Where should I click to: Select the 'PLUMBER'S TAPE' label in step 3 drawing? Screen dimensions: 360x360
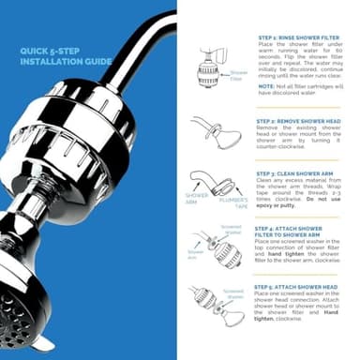[x=233, y=199]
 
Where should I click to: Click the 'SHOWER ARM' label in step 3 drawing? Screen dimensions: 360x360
[x=197, y=199]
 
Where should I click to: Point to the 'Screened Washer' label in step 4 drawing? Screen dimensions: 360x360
[x=230, y=228]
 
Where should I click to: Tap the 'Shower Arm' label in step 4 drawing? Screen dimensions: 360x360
[x=196, y=254]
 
